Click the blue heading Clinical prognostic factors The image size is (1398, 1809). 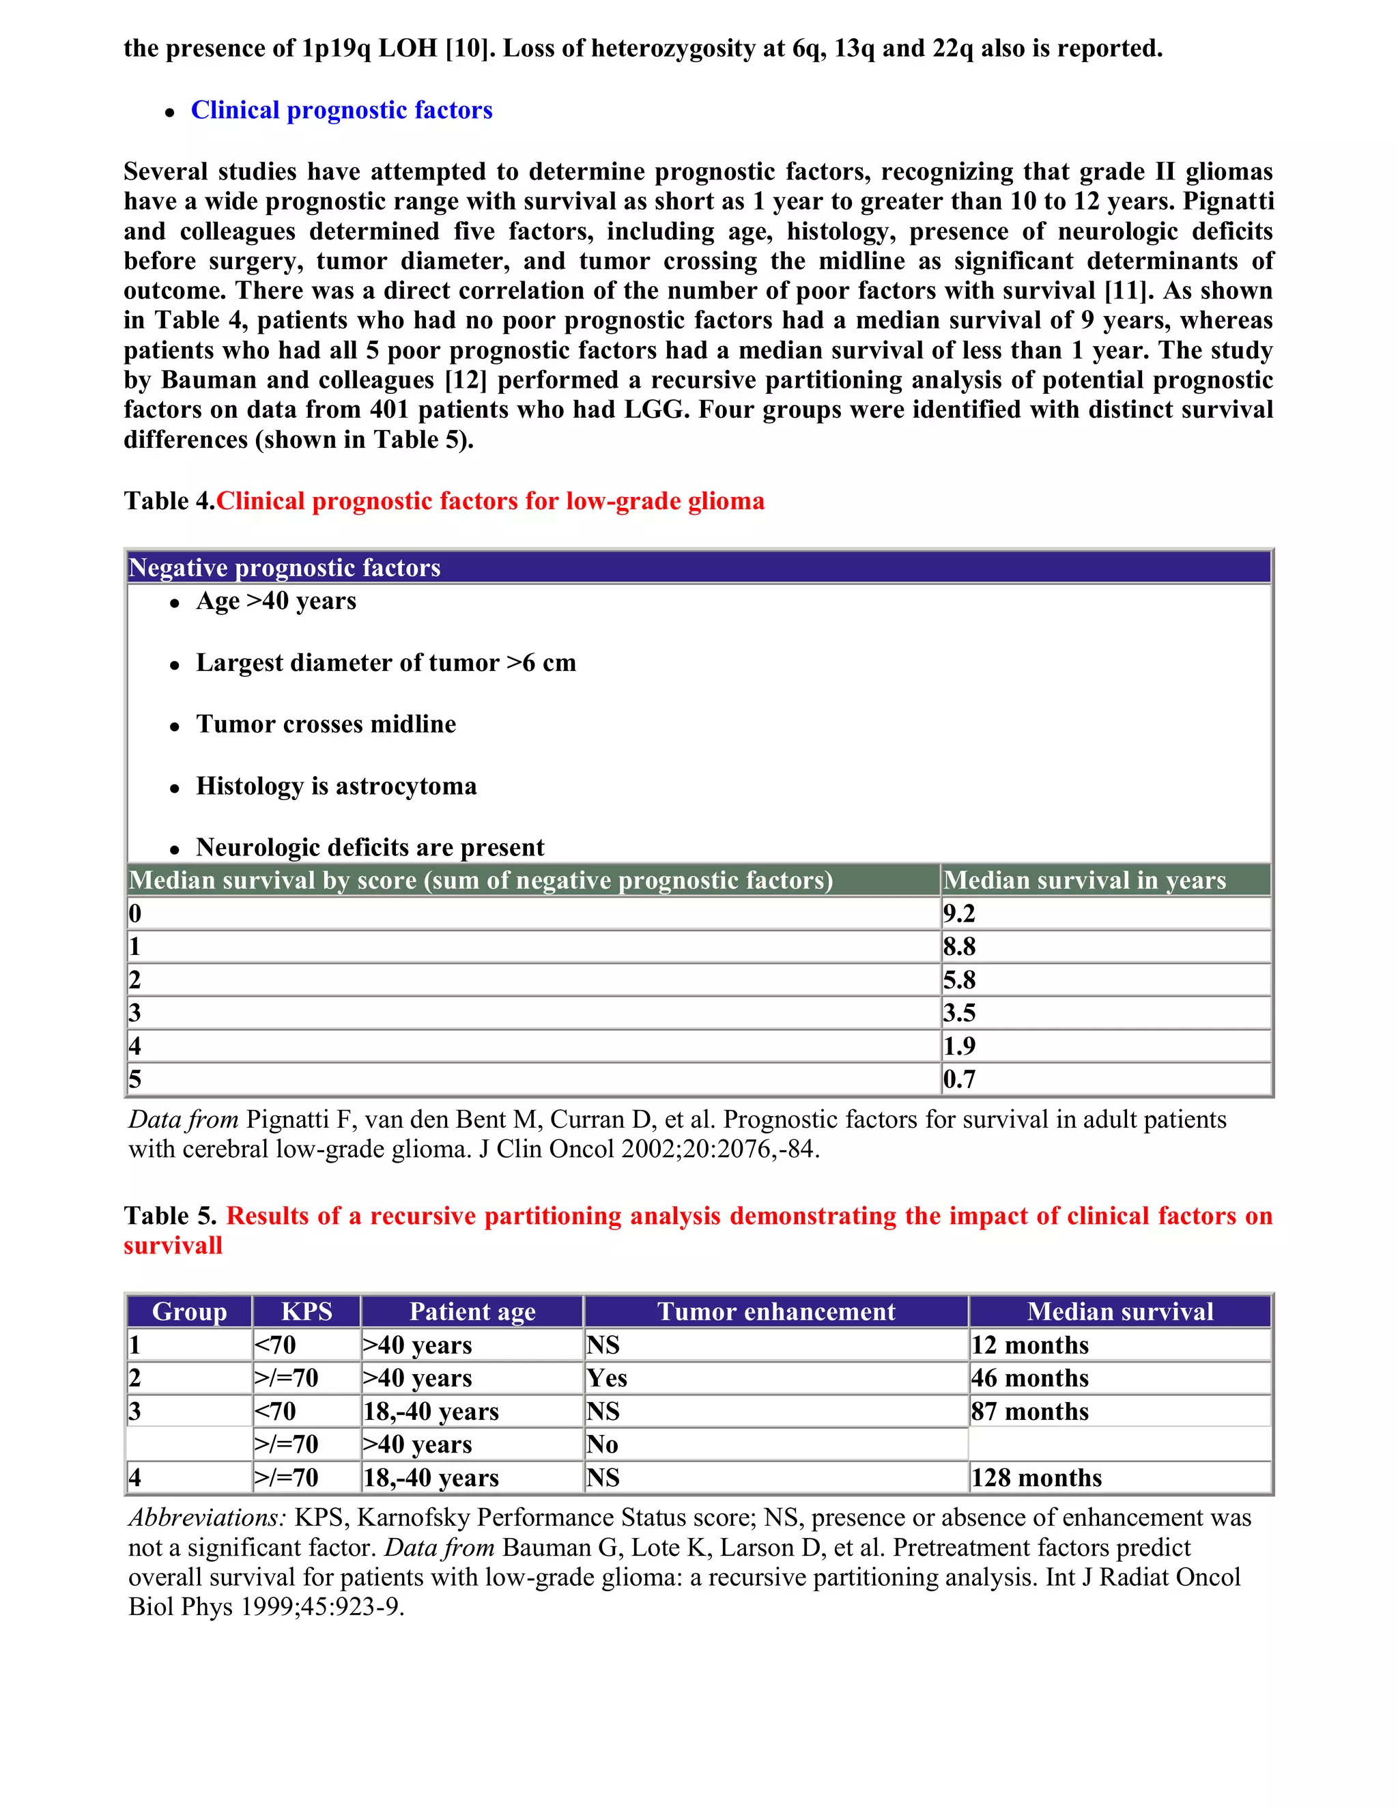coord(341,110)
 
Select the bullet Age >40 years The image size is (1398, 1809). coord(276,601)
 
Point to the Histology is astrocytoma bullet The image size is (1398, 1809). coord(337,786)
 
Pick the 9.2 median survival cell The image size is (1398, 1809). coord(959,913)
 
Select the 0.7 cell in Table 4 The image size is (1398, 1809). coord(959,1079)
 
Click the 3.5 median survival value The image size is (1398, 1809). coord(959,1013)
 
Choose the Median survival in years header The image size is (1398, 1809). coord(1084,880)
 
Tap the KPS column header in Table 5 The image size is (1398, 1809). coord(306,1311)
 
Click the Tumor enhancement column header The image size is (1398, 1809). coord(776,1311)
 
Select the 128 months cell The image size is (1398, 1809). coord(1036,1478)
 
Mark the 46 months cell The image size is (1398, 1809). coord(1029,1378)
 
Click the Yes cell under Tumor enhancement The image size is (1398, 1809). coord(607,1378)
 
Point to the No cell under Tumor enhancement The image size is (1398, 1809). coord(602,1444)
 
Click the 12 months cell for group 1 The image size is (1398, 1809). coord(1029,1345)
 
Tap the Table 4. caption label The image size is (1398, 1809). coord(169,501)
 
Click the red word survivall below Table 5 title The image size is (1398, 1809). coord(173,1246)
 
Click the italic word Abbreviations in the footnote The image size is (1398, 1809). coord(207,1518)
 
